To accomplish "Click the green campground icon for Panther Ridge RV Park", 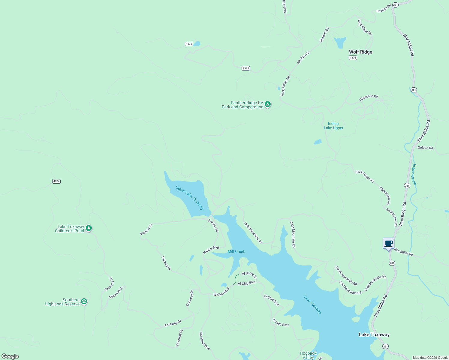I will click(267, 104).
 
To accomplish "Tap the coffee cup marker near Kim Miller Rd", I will click(388, 243).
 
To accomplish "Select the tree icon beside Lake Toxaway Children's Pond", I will click(89, 228).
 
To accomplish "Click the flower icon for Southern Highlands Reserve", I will click(84, 301).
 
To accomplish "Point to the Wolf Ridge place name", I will click(360, 52).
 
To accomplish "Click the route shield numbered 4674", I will click(56, 181).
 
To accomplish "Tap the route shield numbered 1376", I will click(353, 58).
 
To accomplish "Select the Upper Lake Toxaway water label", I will click(189, 198).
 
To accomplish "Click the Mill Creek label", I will click(236, 251).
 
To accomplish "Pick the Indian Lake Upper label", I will click(333, 126).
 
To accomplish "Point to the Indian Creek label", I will click(414, 174).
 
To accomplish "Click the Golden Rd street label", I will click(425, 148).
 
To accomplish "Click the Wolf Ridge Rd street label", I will click(365, 27).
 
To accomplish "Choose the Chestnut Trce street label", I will click(205, 341).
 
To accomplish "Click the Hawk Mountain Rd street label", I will click(346, 276).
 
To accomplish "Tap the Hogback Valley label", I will click(308, 355).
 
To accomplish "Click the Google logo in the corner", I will click(10, 356).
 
